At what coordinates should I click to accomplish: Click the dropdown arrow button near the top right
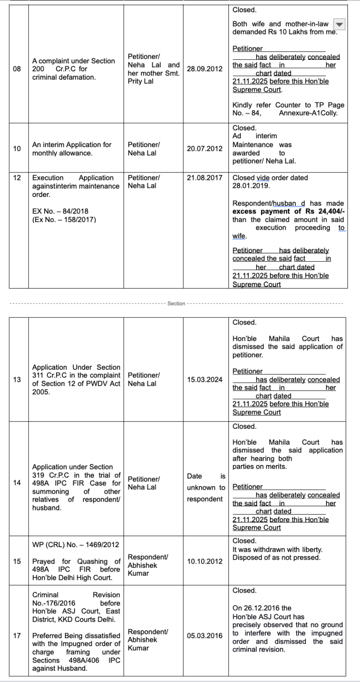pyautogui.click(x=339, y=24)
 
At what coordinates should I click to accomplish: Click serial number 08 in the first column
pyautogui.click(x=17, y=69)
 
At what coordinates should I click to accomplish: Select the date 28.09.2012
pyautogui.click(x=204, y=69)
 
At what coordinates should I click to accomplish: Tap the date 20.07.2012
pyautogui.click(x=204, y=148)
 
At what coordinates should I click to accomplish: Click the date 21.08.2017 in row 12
pyautogui.click(x=204, y=178)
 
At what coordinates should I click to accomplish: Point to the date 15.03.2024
pyautogui.click(x=204, y=379)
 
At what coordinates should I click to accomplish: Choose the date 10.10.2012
pyautogui.click(x=204, y=561)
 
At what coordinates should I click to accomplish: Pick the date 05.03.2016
pyautogui.click(x=204, y=636)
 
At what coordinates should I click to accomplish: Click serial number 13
pyautogui.click(x=17, y=379)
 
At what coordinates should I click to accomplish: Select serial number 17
pyautogui.click(x=17, y=636)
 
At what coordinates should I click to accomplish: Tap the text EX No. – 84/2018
pyautogui.click(x=60, y=211)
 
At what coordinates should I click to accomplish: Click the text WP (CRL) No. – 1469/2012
pyautogui.click(x=75, y=545)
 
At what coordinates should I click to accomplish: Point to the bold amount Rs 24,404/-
pyautogui.click(x=324, y=211)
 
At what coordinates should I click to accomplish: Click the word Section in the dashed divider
pyautogui.click(x=176, y=303)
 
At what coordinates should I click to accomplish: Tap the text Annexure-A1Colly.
pyautogui.click(x=308, y=113)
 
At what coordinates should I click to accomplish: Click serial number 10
pyautogui.click(x=17, y=148)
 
